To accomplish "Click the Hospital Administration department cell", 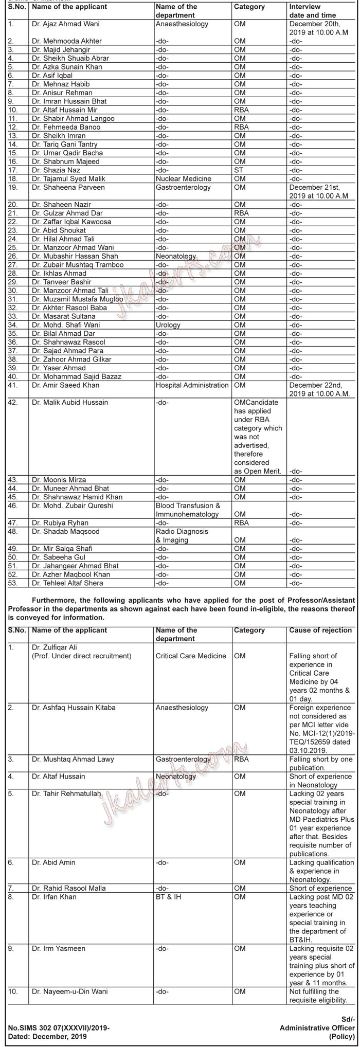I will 192,385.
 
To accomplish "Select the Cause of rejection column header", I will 320,630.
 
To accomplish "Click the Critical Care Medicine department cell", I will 191,656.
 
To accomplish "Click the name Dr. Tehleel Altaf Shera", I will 67,583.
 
